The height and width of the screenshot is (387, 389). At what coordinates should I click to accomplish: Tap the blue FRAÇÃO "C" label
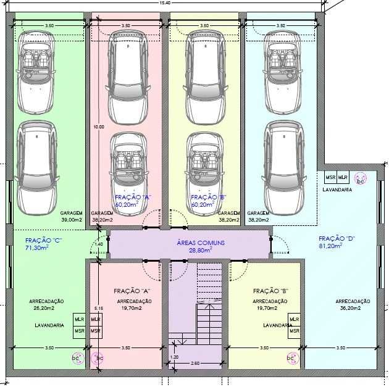pos(43,239)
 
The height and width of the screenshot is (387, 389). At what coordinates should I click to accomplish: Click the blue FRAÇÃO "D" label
pos(336,238)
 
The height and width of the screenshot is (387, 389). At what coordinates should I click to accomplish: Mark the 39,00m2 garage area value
pos(72,219)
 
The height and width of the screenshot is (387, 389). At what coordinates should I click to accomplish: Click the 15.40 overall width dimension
pos(164,4)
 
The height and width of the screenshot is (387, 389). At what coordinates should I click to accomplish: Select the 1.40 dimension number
pos(99,245)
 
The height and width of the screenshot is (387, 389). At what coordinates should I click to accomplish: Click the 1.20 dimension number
pos(174,357)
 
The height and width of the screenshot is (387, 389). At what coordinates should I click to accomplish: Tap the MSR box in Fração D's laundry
pos(330,178)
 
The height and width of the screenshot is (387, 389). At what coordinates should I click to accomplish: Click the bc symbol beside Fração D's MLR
pos(361,180)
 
